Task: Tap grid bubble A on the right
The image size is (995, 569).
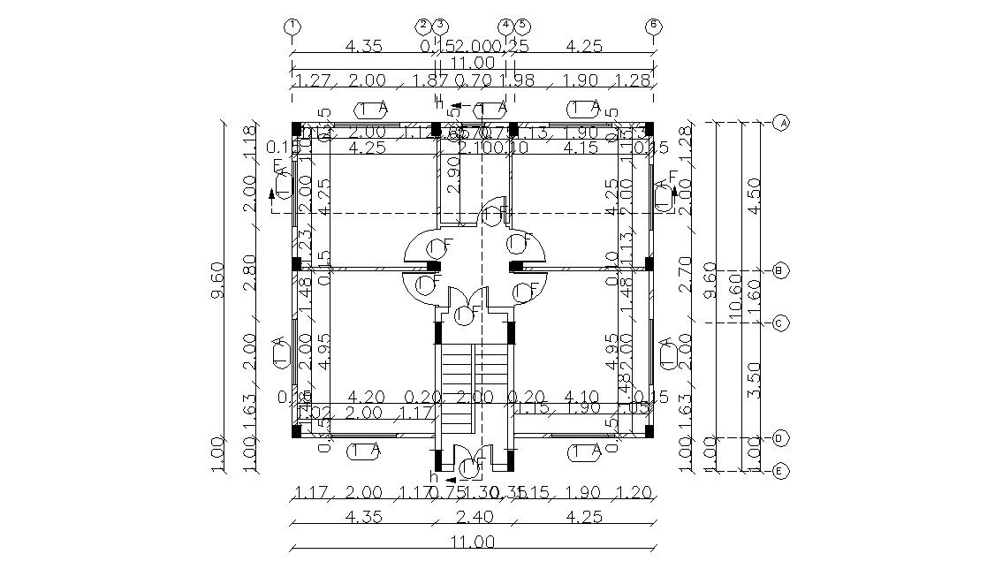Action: point(780,123)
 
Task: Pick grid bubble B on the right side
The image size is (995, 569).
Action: point(780,271)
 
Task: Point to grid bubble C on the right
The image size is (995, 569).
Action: point(780,323)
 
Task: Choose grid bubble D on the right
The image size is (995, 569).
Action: point(780,438)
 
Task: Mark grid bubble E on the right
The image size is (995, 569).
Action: point(780,471)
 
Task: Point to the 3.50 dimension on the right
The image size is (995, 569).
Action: point(754,380)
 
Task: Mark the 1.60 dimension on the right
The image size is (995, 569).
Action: point(754,297)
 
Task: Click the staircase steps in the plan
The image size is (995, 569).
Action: point(474,380)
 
